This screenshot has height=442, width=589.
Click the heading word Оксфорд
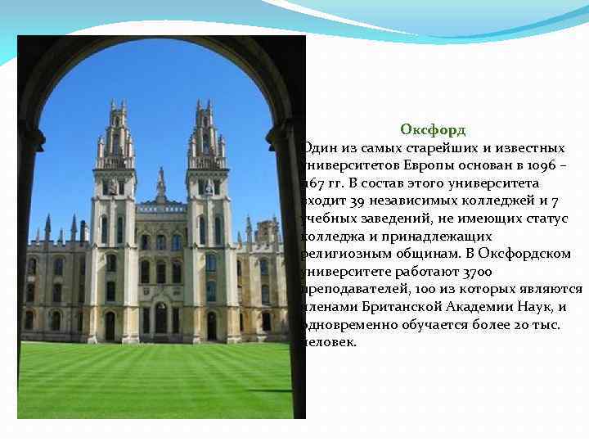[433, 129]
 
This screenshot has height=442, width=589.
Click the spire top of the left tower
[115, 104]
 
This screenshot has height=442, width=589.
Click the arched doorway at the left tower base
[110, 326]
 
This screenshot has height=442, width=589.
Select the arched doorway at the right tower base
[212, 325]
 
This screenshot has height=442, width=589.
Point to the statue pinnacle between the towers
[161, 182]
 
